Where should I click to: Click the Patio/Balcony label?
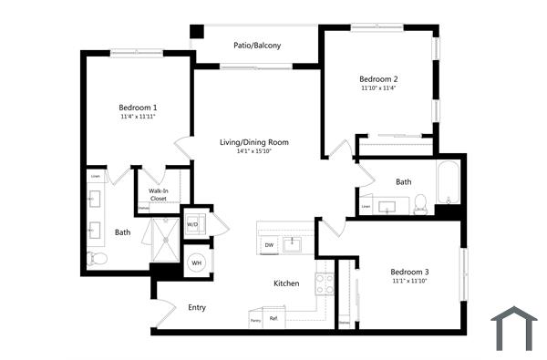[x=256, y=45]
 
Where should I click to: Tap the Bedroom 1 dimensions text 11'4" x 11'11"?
[x=138, y=117]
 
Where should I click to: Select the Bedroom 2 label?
[x=377, y=78]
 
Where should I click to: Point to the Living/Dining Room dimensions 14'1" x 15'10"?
[x=254, y=151]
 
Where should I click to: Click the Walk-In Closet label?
[x=158, y=194]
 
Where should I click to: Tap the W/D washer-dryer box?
[x=193, y=223]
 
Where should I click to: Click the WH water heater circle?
[x=196, y=264]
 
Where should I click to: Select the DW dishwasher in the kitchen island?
[x=269, y=245]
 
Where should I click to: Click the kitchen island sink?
[x=294, y=244]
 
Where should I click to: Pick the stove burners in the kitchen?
[x=325, y=283]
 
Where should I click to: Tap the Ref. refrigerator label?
[x=273, y=318]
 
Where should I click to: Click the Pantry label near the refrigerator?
[x=255, y=321]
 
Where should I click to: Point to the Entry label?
[x=197, y=307]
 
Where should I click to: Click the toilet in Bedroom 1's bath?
[x=97, y=260]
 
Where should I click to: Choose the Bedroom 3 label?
[x=409, y=272]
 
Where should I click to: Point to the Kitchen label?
[x=286, y=283]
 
